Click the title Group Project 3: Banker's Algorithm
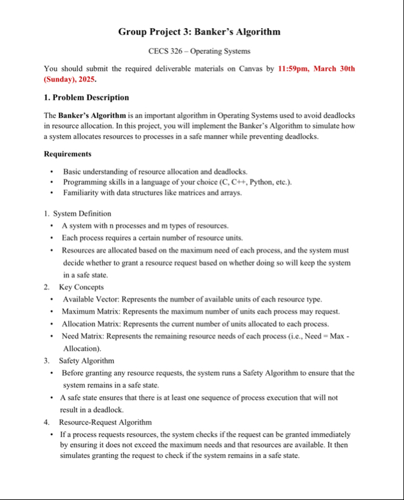point(199,32)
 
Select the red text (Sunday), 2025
point(70,80)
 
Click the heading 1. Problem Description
point(86,98)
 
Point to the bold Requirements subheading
point(67,154)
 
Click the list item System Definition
point(82,214)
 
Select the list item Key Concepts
point(81,288)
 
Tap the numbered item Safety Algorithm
point(86,361)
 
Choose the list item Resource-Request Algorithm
point(105,422)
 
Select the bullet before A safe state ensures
point(52,397)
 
